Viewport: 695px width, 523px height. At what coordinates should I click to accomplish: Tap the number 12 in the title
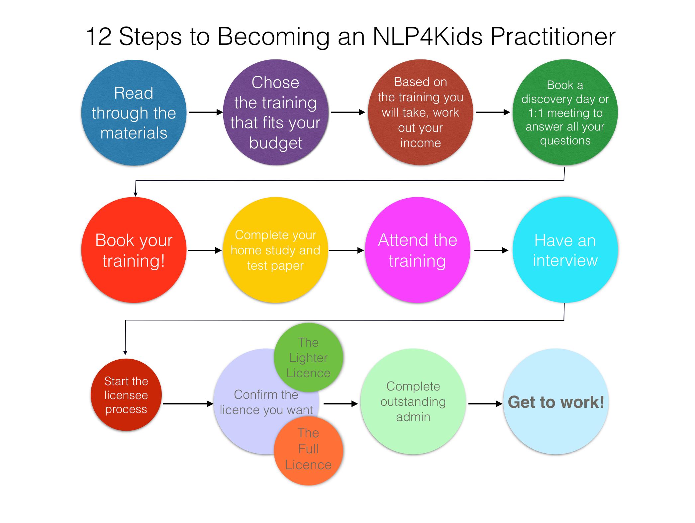(99, 37)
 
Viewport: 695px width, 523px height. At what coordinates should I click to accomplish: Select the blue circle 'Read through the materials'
(134, 113)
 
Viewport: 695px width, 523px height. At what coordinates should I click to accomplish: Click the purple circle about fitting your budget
(275, 113)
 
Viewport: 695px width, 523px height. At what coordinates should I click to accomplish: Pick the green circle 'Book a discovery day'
(565, 113)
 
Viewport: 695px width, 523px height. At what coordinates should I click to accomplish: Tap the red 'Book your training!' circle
(134, 250)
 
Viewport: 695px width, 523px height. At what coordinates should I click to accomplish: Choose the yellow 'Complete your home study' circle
(275, 250)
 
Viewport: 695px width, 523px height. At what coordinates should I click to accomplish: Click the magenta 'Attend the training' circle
(418, 250)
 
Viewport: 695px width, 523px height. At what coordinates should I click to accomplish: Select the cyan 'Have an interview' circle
(565, 250)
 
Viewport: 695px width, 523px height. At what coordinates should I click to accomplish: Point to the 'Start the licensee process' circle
(126, 395)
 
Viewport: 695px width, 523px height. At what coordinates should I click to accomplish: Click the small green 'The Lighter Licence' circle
(308, 358)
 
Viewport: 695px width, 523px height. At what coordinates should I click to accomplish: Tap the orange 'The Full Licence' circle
(308, 449)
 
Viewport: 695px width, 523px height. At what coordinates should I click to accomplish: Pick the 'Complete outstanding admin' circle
(413, 401)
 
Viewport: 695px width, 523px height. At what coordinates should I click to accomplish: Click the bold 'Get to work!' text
(556, 402)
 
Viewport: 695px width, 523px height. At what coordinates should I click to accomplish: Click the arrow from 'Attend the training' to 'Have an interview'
(491, 250)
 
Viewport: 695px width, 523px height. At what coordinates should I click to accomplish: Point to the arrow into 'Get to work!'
(485, 404)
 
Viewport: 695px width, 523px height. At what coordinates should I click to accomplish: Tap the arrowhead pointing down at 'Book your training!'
(135, 194)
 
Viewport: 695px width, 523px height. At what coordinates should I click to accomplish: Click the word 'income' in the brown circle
(420, 143)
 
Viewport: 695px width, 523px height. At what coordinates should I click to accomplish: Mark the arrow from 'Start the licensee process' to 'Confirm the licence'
(188, 404)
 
